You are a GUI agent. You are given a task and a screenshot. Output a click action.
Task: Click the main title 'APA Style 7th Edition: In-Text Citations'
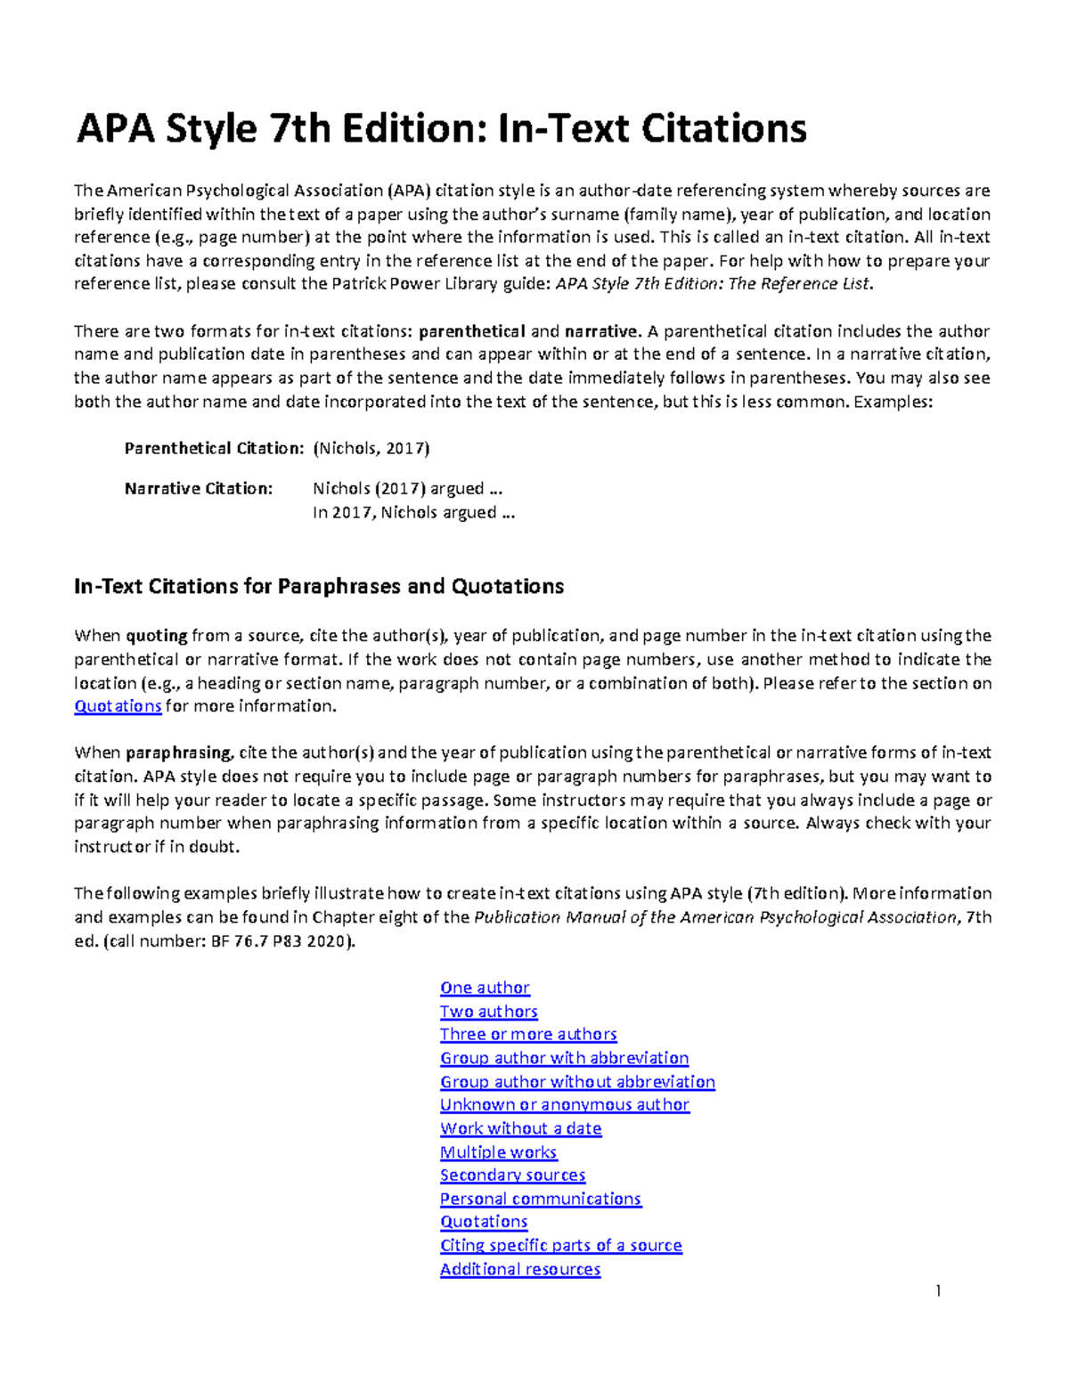click(x=441, y=128)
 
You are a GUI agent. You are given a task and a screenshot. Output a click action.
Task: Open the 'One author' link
click(x=485, y=988)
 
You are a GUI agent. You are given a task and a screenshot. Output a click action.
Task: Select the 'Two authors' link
click(x=488, y=1012)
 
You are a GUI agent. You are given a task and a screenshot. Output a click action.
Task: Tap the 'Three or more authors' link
click(x=528, y=1035)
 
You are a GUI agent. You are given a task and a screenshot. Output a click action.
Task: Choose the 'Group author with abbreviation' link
click(x=564, y=1058)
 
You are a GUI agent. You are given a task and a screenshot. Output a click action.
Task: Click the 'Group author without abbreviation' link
click(x=577, y=1082)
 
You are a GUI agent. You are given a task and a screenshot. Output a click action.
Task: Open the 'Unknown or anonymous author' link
click(x=564, y=1105)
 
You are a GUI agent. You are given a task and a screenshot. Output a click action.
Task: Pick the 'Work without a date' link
click(x=520, y=1128)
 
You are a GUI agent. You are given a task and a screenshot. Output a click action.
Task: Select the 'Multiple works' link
click(x=498, y=1152)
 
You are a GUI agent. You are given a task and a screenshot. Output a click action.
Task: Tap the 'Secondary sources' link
click(x=512, y=1176)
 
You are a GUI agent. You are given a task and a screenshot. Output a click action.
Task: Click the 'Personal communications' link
click(x=540, y=1199)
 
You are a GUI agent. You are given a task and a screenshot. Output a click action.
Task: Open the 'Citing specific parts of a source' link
click(x=560, y=1246)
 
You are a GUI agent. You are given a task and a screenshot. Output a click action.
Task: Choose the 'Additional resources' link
click(x=519, y=1269)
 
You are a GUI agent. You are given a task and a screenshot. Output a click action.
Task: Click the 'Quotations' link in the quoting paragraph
click(x=118, y=706)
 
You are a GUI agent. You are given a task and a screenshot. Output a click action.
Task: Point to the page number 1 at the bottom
click(x=938, y=1291)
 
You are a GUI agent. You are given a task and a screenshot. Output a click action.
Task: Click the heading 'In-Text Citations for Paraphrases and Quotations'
click(x=319, y=587)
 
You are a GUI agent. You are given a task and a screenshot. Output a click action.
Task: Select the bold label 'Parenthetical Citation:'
click(x=214, y=448)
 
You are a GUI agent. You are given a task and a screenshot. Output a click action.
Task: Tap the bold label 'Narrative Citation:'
click(x=198, y=489)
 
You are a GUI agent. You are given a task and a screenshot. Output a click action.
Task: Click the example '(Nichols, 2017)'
click(x=371, y=448)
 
